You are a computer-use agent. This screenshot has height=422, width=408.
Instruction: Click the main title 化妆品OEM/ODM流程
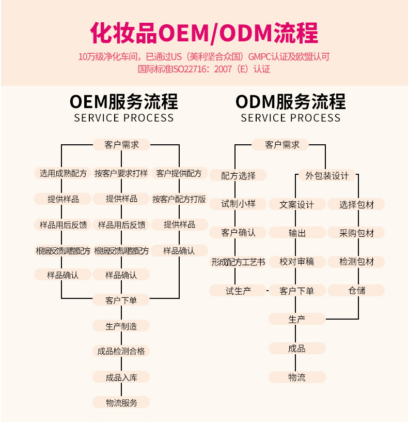204,33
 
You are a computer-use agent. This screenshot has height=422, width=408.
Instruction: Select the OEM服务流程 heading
123,101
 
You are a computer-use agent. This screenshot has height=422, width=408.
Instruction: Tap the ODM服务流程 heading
290,101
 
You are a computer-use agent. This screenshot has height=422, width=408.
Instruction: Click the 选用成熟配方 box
63,173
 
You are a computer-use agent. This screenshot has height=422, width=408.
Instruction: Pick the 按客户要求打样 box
121,173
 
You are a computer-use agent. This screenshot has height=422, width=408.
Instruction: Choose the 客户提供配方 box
179,173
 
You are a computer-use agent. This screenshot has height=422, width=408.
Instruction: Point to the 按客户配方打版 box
179,199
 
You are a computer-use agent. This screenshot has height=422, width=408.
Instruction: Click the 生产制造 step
121,326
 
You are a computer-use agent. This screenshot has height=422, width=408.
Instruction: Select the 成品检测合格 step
121,352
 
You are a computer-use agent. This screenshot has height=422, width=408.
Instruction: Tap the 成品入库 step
121,378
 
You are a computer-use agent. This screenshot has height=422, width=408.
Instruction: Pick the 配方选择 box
238,176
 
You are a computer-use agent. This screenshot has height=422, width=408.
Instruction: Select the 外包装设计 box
327,176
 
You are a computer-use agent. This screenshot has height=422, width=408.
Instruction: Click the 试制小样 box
238,204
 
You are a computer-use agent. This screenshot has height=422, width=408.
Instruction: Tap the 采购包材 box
356,233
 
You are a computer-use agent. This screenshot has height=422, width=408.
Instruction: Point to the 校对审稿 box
297,262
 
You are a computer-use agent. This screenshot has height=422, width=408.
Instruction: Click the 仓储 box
356,291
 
